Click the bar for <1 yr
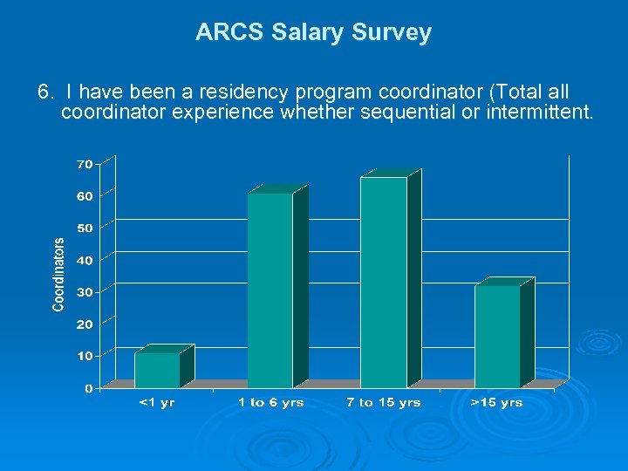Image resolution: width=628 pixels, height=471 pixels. tap(157, 370)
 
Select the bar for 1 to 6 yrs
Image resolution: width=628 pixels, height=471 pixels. tap(270, 290)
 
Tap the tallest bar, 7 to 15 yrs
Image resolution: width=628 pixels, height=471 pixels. tap(383, 283)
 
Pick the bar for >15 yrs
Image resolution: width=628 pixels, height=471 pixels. tap(497, 337)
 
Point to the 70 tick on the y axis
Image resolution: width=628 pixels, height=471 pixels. tap(85, 164)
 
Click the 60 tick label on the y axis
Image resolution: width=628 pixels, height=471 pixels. tap(85, 196)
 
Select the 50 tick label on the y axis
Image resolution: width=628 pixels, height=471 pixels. tap(85, 228)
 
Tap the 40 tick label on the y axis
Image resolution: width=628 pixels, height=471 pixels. tap(85, 260)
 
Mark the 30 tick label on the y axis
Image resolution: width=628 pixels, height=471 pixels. tap(85, 291)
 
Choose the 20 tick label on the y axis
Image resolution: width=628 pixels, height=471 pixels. tap(85, 324)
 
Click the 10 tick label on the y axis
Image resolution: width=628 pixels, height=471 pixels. tap(85, 356)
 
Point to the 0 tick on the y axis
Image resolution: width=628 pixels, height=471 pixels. tap(88, 388)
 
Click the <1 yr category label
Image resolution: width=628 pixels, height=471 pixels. tap(157, 403)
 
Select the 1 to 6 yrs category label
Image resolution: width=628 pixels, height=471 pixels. tap(270, 403)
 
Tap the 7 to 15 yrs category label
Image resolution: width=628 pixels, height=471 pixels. tap(383, 403)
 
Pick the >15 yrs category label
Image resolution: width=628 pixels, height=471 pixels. tap(496, 403)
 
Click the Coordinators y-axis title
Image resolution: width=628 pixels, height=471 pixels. tap(58, 275)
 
